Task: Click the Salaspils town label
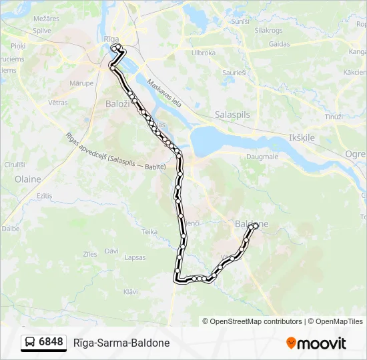[x=232, y=115]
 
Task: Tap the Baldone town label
[x=252, y=224]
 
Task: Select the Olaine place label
[x=27, y=179]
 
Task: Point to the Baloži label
[x=119, y=103]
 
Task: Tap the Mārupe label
[x=81, y=83]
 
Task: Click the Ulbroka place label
[x=204, y=53]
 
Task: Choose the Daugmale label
[x=262, y=157]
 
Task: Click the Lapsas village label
[x=135, y=257]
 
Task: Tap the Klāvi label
[x=131, y=291]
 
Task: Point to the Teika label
[x=149, y=231]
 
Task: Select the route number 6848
[x=51, y=342]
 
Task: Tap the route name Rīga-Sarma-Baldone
[x=121, y=343]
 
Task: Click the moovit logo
[x=316, y=343]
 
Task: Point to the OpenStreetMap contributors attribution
[x=252, y=321]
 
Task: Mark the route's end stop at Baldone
[x=254, y=227]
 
